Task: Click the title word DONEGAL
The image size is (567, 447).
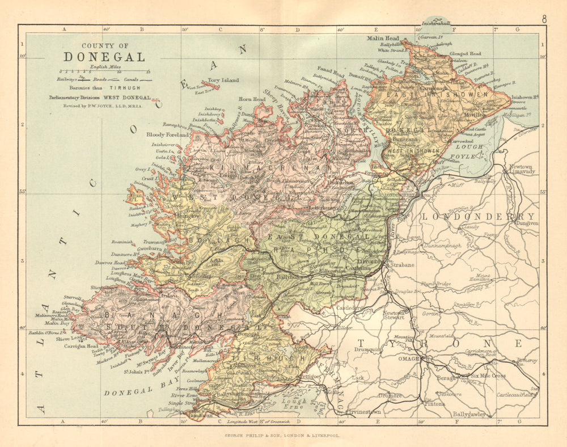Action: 104,57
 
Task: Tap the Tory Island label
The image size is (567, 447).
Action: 221,81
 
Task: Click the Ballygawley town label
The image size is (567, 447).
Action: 468,414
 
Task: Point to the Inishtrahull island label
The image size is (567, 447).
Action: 432,24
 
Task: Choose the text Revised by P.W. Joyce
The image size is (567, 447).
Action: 104,105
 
